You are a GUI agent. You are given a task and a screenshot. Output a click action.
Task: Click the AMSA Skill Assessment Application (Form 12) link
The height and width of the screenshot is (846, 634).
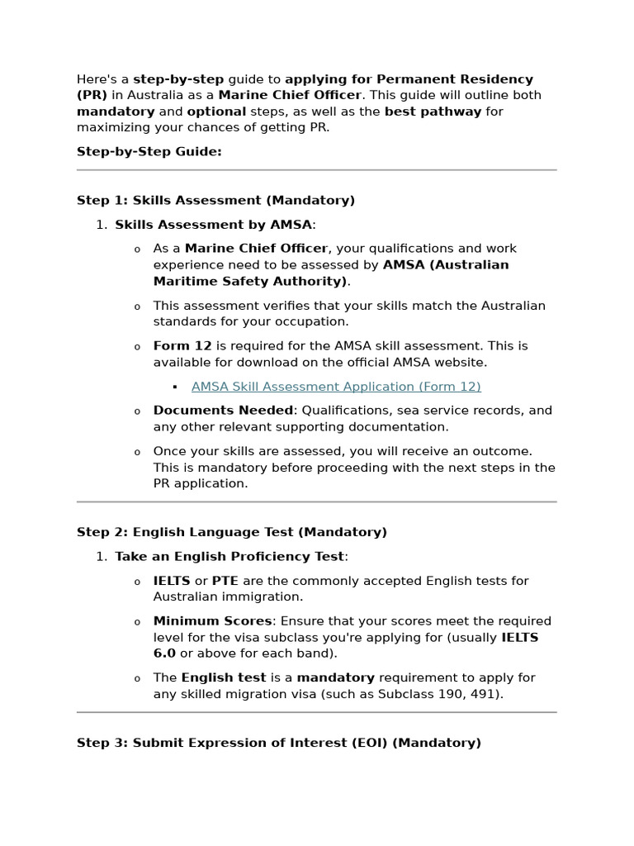(x=336, y=387)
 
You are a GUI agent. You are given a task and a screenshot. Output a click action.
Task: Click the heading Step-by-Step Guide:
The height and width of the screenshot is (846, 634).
(x=149, y=152)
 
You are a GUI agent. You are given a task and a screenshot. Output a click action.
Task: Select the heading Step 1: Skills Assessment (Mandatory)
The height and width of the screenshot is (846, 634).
(x=215, y=200)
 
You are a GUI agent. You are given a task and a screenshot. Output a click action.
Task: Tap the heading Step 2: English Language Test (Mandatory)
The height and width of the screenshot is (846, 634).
(x=232, y=532)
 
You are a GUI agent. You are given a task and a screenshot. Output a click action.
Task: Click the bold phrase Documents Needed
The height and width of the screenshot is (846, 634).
(x=223, y=411)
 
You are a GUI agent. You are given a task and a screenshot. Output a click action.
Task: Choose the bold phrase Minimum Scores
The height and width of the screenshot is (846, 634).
(x=212, y=621)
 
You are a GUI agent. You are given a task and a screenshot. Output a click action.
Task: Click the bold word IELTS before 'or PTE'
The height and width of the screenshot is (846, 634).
(x=172, y=581)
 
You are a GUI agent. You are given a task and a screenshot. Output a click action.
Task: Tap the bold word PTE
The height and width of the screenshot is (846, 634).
(x=225, y=581)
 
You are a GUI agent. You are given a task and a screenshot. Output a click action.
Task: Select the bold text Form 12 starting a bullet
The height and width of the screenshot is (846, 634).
(x=182, y=346)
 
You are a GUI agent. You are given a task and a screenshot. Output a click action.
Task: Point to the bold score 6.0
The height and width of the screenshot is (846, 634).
(x=164, y=654)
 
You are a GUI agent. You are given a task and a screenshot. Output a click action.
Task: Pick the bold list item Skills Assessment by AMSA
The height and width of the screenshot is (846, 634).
(x=214, y=225)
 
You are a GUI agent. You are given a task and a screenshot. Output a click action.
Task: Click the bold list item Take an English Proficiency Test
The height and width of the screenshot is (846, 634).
(x=229, y=557)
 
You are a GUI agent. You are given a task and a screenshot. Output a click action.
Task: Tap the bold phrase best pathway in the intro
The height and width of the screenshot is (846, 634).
(x=433, y=112)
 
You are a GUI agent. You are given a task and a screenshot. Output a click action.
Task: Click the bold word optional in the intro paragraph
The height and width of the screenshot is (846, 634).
(x=216, y=112)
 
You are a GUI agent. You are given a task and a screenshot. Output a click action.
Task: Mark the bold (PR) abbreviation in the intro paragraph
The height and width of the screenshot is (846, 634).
(x=92, y=95)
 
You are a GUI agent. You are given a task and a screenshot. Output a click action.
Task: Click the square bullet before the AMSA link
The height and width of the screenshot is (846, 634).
(x=175, y=387)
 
